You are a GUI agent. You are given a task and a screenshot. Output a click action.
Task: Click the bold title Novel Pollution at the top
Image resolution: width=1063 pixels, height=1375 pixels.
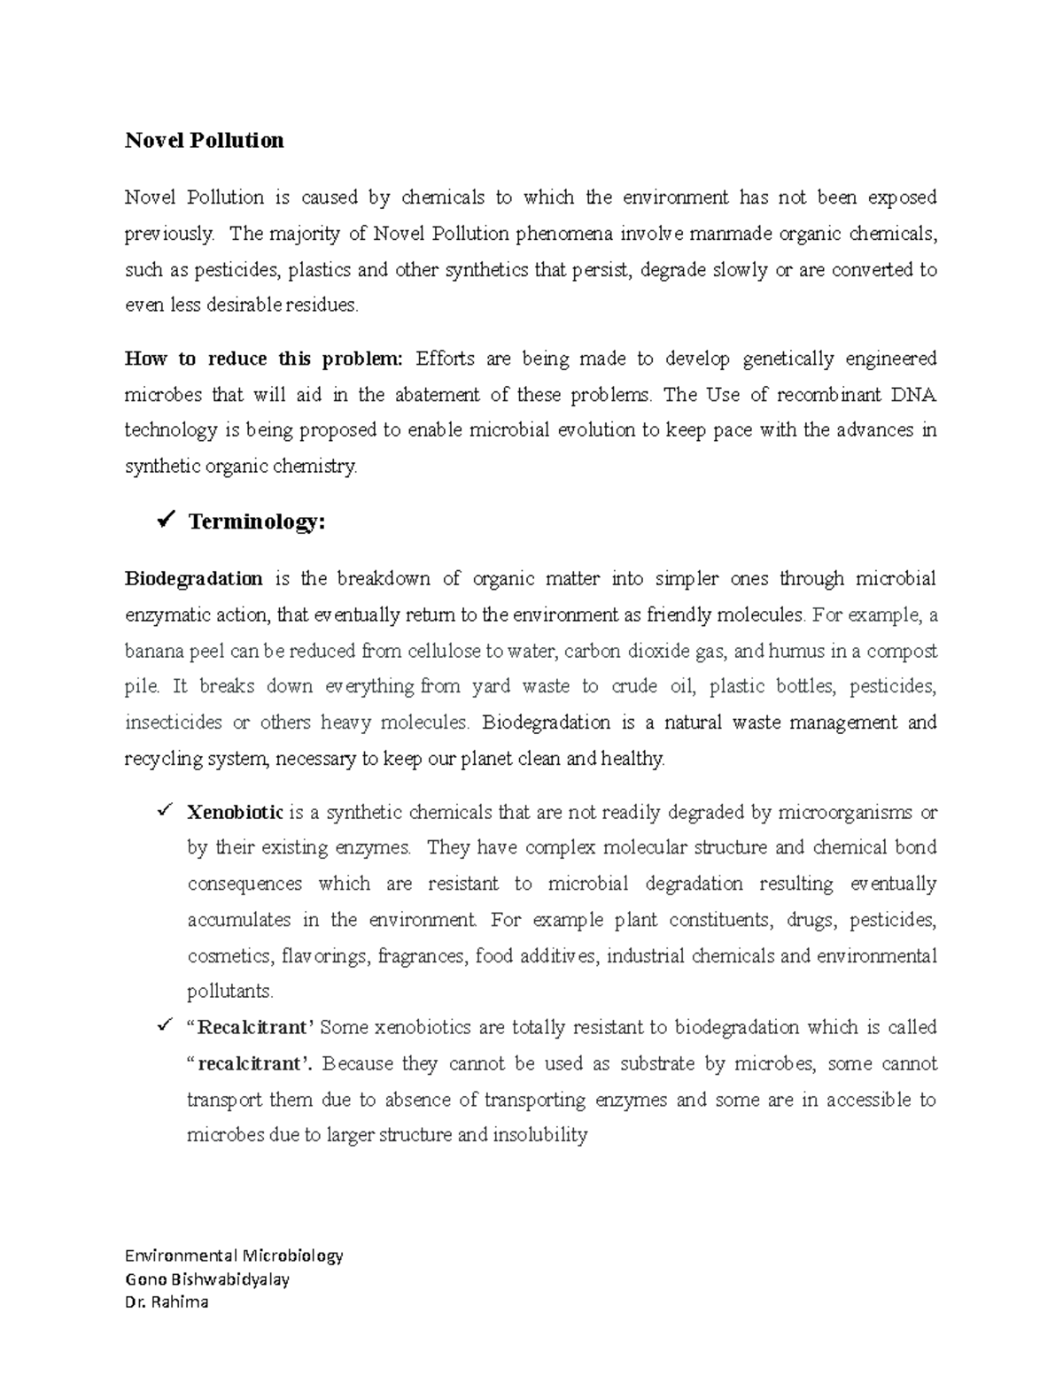[204, 141]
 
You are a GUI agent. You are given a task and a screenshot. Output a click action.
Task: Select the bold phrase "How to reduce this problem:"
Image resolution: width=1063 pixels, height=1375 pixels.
[263, 359]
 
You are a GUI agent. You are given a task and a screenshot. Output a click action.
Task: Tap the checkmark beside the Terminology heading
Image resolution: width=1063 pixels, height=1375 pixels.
[164, 521]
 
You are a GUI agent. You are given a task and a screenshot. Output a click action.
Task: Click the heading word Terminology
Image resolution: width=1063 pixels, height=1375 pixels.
[257, 522]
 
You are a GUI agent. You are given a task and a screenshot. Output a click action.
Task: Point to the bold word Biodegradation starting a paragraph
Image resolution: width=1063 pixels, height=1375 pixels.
[193, 579]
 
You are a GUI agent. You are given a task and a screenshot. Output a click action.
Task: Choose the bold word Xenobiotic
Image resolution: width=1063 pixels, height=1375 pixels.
[235, 812]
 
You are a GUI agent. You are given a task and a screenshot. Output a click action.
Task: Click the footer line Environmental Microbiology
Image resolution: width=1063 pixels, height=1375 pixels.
[234, 1255]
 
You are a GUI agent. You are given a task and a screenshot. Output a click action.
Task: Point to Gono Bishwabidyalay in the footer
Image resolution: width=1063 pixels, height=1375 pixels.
[207, 1278]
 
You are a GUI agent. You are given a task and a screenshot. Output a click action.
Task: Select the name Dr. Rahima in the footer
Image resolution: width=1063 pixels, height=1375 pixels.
[167, 1302]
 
